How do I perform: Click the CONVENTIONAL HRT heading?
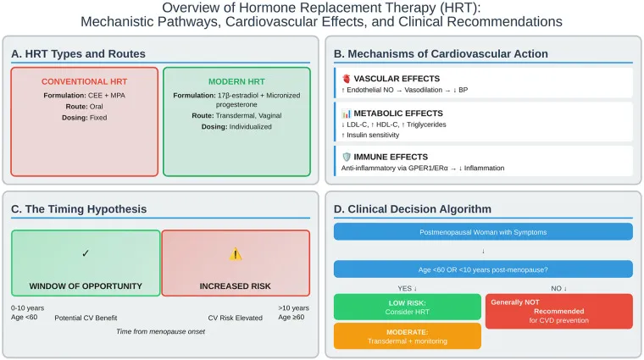84,81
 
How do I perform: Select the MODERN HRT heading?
236,81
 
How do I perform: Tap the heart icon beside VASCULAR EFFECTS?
347,79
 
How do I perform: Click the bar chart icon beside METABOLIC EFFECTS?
347,114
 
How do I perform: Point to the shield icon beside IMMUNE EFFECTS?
347,157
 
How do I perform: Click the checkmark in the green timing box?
86,253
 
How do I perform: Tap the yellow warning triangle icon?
236,254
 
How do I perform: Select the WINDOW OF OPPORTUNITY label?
86,286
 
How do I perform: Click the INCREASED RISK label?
236,286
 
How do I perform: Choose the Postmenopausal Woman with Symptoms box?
483,232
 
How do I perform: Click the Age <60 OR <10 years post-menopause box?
483,269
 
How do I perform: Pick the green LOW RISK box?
408,307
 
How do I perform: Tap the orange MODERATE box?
408,336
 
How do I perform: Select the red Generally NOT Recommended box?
559,311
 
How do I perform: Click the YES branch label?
407,289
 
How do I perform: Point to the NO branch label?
558,289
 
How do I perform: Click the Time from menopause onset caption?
161,331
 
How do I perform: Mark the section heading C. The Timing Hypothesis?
79,209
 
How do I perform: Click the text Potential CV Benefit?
86,318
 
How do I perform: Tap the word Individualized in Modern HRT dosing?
251,127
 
